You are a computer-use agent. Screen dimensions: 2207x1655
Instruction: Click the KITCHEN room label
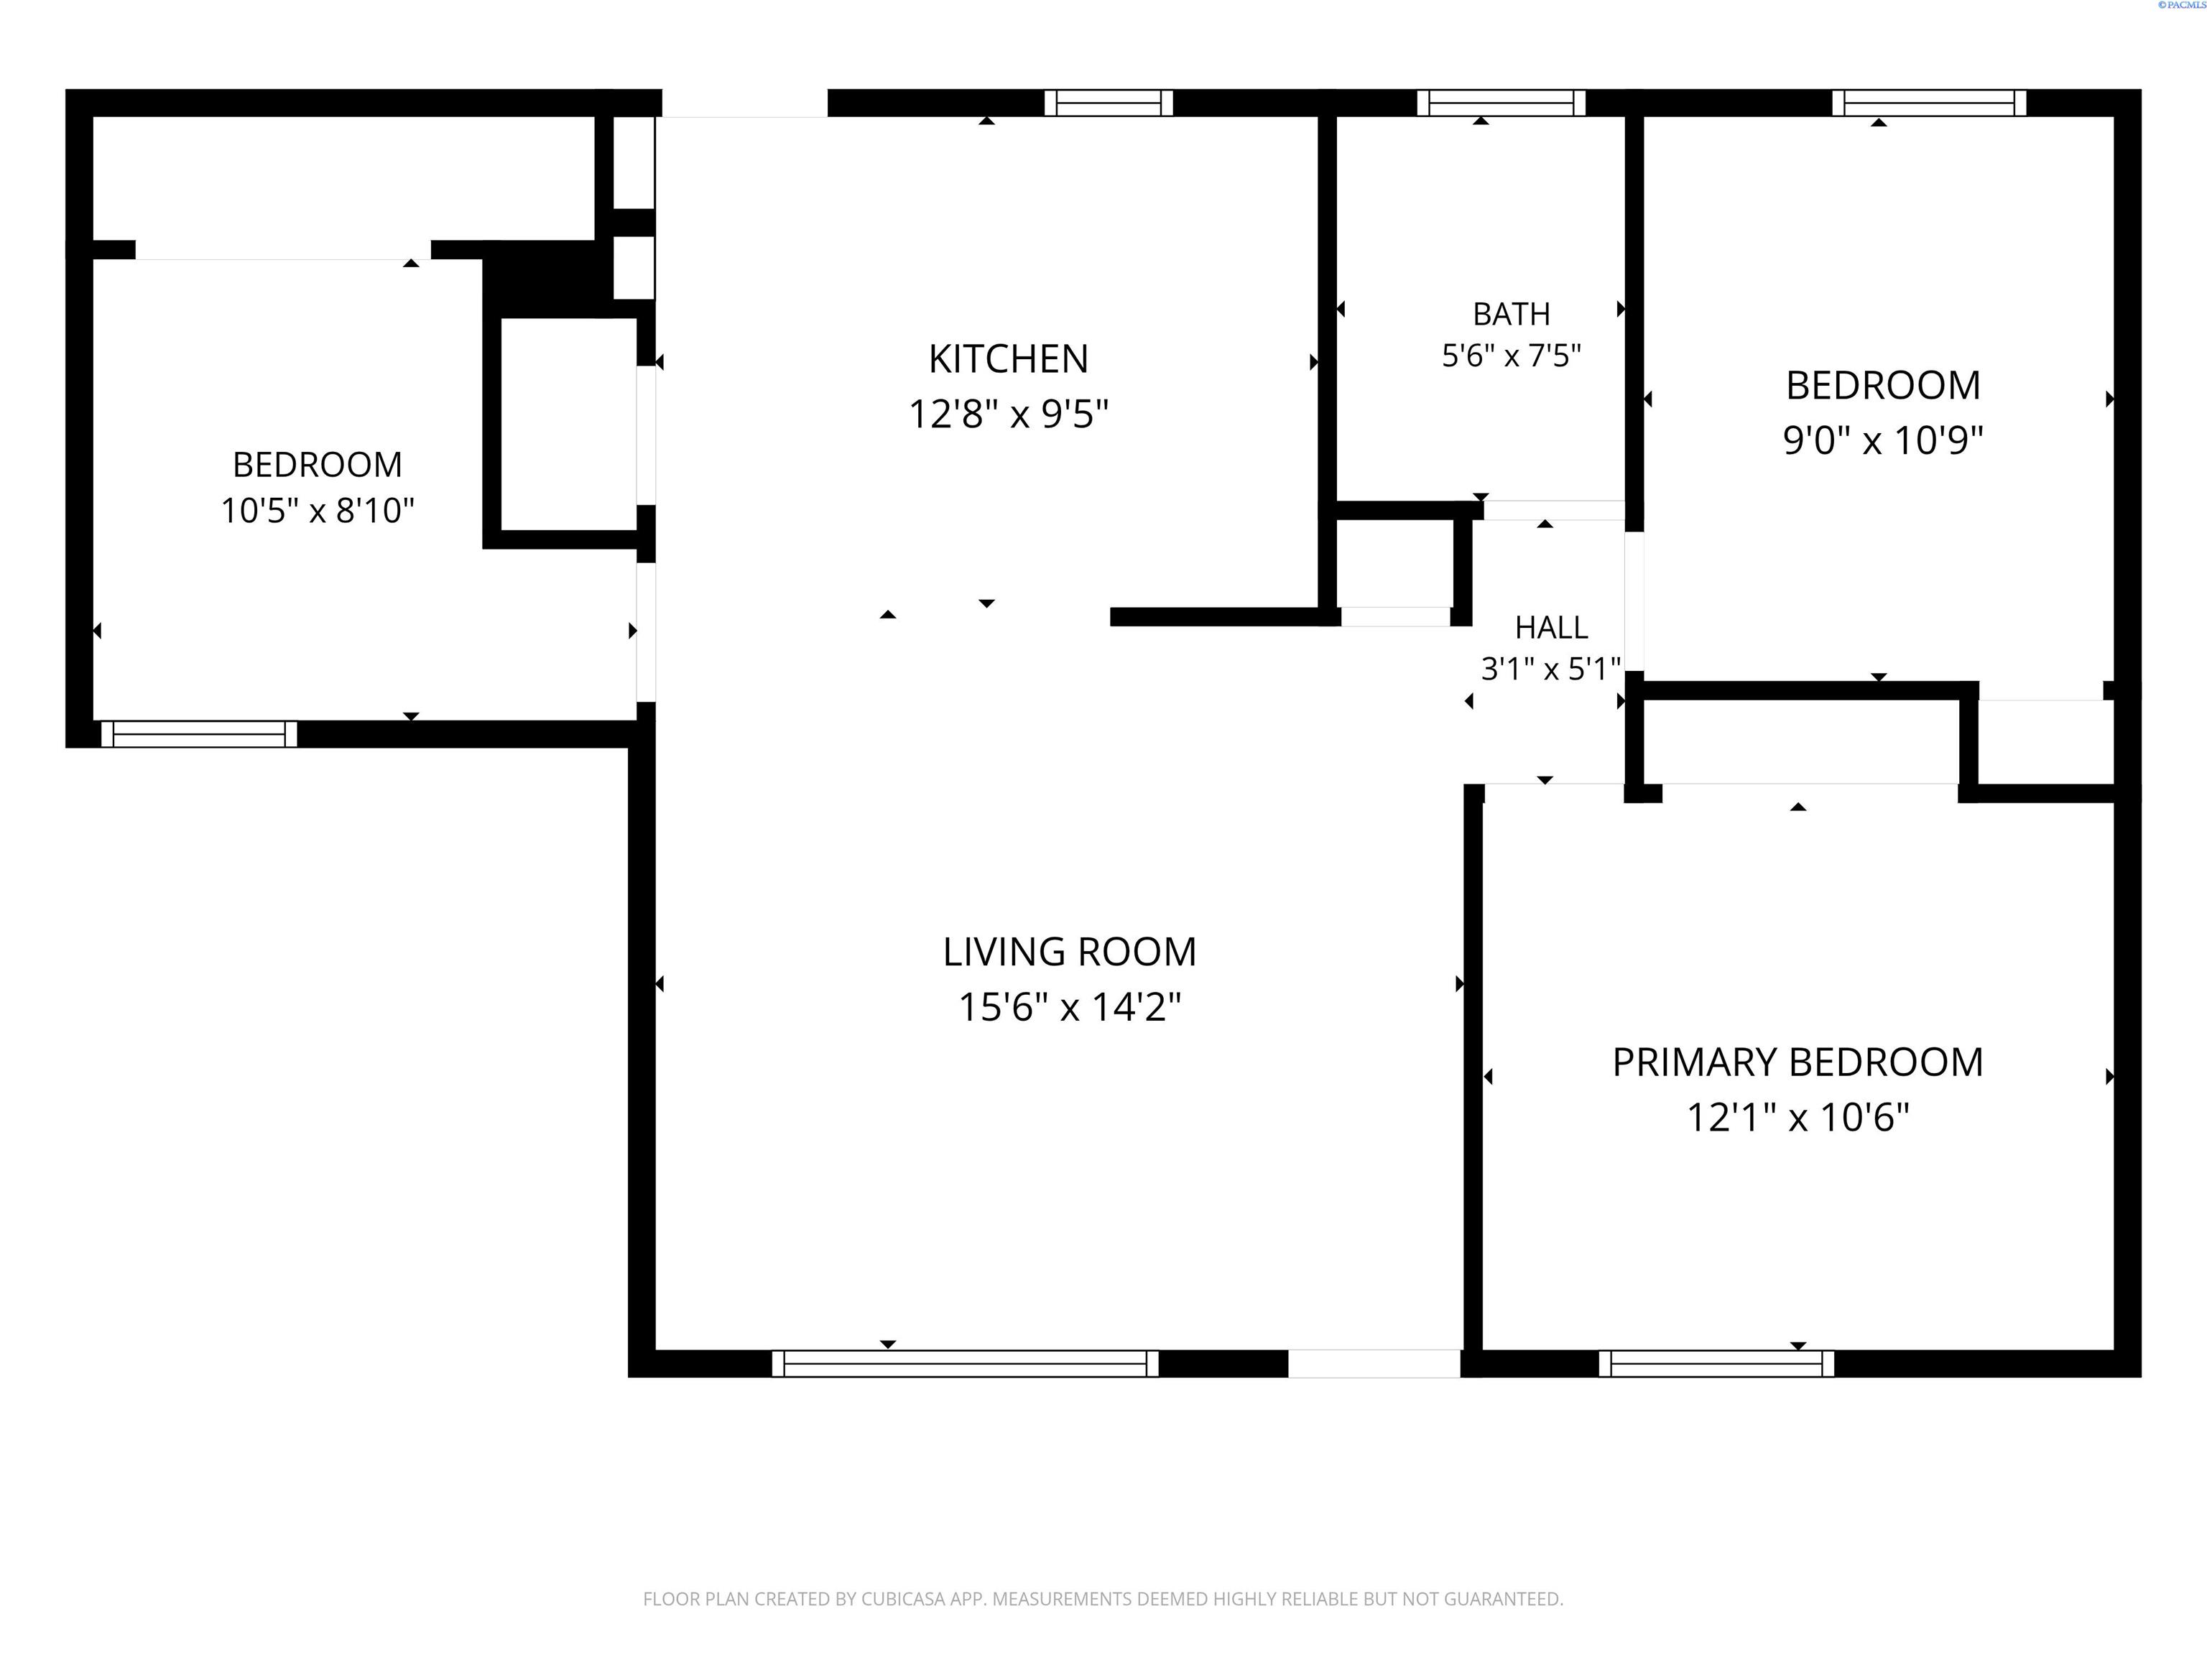[1008, 359]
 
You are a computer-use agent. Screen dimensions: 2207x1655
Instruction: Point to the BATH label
[1512, 314]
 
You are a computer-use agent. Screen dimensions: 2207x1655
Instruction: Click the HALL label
[1552, 628]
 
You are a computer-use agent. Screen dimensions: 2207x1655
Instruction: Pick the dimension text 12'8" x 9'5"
[1008, 413]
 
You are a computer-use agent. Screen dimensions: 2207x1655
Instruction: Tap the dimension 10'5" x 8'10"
[318, 511]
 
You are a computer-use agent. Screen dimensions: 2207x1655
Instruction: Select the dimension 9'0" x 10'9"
[1883, 440]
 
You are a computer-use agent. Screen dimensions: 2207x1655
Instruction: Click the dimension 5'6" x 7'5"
[1512, 355]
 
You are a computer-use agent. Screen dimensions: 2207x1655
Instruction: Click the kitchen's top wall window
[1109, 103]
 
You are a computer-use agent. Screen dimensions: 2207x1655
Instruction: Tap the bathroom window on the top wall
[1502, 103]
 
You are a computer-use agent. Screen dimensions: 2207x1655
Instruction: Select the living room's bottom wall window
[965, 1363]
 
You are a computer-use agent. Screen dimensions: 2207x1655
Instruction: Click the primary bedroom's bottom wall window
[1716, 1363]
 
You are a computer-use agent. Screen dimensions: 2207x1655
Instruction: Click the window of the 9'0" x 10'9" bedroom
[1930, 103]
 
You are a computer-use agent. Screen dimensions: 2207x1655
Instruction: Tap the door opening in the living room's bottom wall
[1374, 1363]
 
